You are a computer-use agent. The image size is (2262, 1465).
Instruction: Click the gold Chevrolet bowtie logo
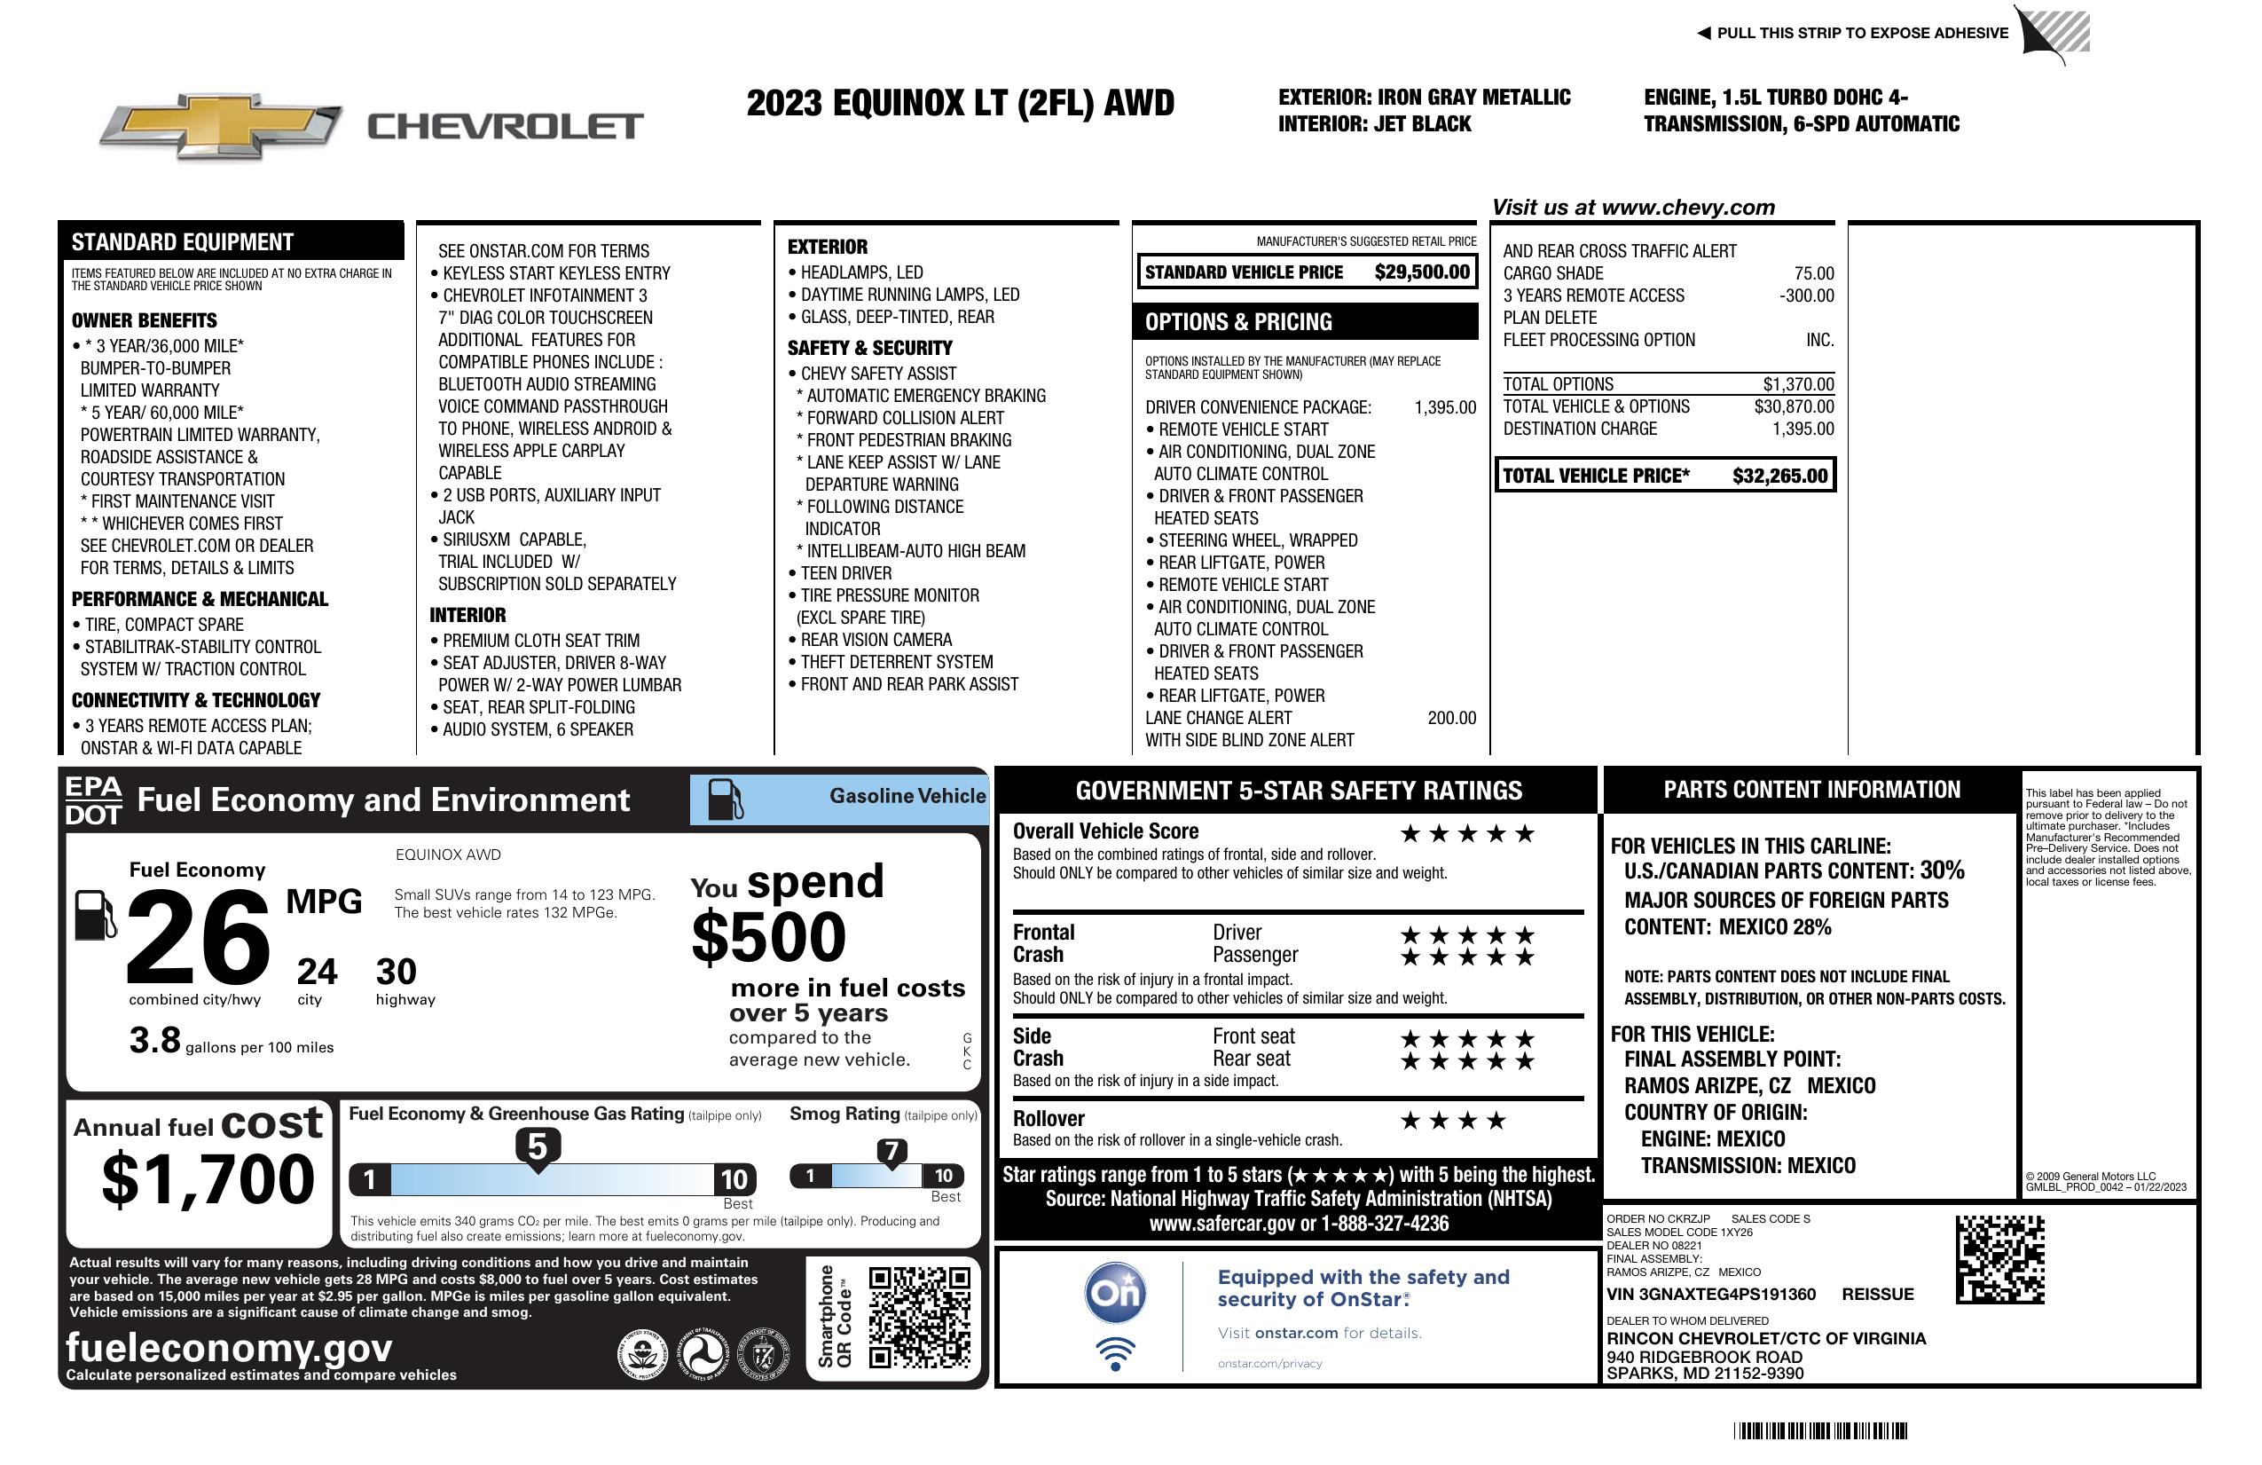(221, 125)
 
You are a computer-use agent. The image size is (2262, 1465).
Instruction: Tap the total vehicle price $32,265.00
(1779, 476)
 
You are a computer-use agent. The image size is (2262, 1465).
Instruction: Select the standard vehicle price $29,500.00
(1422, 272)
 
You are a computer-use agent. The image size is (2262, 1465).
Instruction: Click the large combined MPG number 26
(198, 937)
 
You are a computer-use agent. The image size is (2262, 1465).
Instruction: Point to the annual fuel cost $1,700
(208, 1179)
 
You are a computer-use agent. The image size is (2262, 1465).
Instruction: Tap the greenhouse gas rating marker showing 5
(537, 1147)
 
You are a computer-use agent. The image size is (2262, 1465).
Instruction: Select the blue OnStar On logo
(1116, 1293)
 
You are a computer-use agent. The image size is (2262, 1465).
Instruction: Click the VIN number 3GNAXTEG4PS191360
(1711, 1294)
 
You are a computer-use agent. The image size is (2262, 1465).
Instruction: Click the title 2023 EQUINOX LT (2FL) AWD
(960, 103)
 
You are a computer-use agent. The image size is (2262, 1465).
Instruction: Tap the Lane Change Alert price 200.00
(1451, 718)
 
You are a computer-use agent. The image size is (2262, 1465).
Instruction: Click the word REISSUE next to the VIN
(1878, 1294)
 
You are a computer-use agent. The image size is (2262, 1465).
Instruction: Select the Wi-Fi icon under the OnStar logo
(1116, 1354)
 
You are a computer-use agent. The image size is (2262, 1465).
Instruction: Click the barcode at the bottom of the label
(1820, 1430)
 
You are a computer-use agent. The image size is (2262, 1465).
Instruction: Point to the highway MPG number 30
(397, 972)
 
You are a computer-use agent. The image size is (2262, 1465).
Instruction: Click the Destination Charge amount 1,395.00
(1803, 429)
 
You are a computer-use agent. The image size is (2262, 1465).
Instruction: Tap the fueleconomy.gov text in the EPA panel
(229, 1347)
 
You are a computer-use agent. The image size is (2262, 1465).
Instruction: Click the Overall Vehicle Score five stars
(1467, 834)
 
